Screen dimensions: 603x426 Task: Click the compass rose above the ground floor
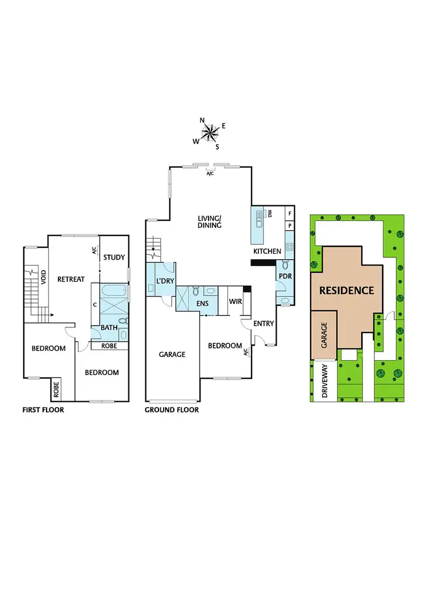click(x=210, y=132)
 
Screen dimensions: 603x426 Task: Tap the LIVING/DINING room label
click(x=210, y=222)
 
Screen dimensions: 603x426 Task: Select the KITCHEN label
click(x=267, y=251)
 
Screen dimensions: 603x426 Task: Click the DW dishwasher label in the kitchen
click(x=270, y=214)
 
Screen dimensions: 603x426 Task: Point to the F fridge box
click(x=290, y=214)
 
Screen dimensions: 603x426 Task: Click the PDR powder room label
click(x=284, y=276)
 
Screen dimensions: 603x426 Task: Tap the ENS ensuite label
click(x=203, y=303)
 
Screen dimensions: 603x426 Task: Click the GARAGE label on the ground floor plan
click(x=172, y=354)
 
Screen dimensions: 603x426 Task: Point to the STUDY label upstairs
click(x=114, y=257)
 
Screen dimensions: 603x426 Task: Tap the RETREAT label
click(x=70, y=279)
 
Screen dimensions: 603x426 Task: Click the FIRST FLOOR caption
click(x=43, y=410)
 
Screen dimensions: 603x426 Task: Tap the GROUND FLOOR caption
click(x=172, y=410)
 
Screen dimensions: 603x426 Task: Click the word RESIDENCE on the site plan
click(x=346, y=290)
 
